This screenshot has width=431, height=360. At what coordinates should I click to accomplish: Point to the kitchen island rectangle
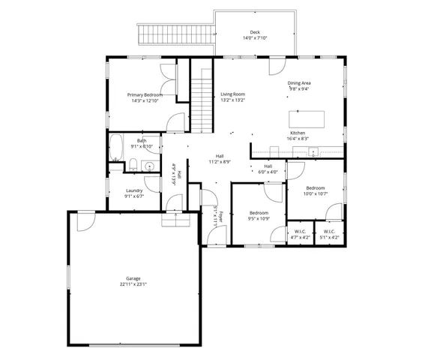click(x=307, y=118)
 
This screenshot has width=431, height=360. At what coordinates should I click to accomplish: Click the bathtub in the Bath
click(x=117, y=147)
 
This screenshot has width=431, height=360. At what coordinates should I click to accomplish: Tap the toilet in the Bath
click(x=133, y=165)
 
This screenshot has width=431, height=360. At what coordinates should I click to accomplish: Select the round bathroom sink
click(x=148, y=166)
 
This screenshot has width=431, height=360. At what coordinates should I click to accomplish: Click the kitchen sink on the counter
click(x=313, y=152)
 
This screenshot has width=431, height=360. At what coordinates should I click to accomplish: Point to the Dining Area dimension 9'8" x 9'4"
click(x=299, y=88)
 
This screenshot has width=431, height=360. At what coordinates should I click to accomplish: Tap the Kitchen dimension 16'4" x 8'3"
click(x=298, y=138)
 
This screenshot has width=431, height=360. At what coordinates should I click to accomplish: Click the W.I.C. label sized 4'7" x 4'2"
click(x=299, y=234)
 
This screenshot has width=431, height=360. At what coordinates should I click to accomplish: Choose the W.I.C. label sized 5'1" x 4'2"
click(x=329, y=234)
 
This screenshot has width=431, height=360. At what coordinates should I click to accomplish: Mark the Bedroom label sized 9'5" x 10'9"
click(x=259, y=215)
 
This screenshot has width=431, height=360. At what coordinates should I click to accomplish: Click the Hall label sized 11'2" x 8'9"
click(x=220, y=158)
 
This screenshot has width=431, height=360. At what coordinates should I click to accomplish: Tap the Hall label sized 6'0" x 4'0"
click(x=268, y=169)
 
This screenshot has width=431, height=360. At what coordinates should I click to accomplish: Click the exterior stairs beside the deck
click(x=175, y=34)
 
